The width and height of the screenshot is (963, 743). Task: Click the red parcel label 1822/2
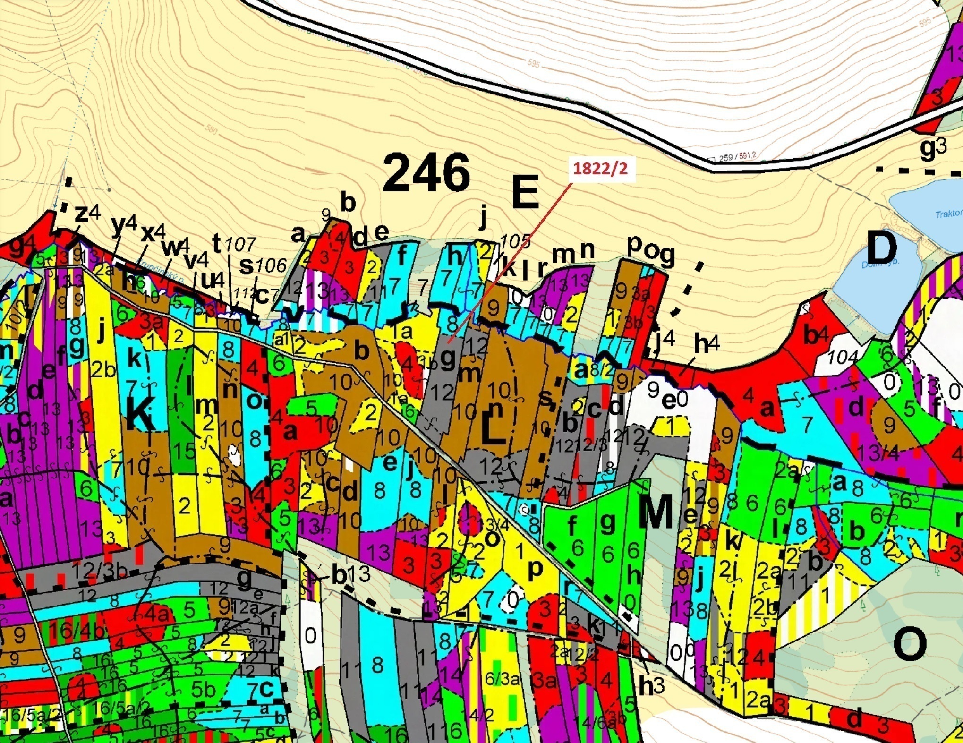[600, 169]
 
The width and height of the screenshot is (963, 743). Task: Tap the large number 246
[426, 173]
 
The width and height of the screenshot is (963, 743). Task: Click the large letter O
[910, 645]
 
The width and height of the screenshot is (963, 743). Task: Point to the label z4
[87, 214]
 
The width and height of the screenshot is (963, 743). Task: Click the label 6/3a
[502, 679]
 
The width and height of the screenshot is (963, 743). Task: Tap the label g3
[933, 148]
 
